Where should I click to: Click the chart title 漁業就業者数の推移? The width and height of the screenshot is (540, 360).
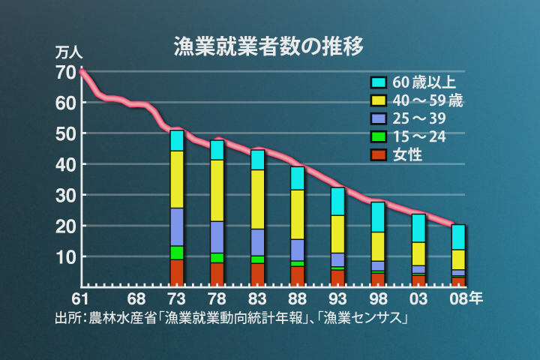[268, 46]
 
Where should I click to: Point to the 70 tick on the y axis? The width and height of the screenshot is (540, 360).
[65, 73]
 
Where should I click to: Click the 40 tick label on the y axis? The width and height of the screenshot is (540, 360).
[65, 164]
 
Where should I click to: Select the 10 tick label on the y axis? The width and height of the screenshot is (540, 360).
[65, 256]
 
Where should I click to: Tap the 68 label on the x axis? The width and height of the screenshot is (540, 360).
[136, 298]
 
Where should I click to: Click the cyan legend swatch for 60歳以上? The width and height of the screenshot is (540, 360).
[378, 82]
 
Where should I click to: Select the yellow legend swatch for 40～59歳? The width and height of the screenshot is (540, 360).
[378, 100]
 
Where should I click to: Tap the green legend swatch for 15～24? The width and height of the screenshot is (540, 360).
[378, 136]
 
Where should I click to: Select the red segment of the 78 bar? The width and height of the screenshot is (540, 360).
[217, 274]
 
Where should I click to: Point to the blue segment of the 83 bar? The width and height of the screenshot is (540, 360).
[257, 241]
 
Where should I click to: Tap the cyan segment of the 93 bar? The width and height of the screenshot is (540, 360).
[338, 201]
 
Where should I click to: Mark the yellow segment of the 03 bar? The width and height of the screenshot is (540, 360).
[418, 253]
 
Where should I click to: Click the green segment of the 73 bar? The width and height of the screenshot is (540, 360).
[177, 252]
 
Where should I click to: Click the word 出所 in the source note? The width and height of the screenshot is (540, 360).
[67, 318]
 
